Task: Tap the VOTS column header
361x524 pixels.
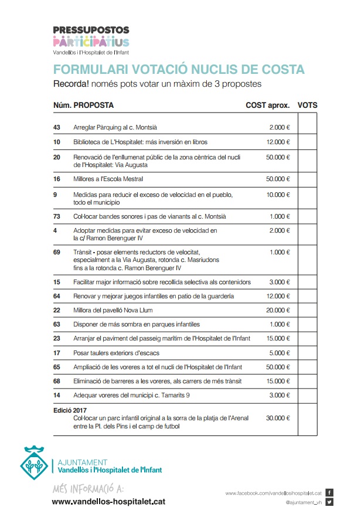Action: [307, 106]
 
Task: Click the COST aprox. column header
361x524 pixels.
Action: [267, 106]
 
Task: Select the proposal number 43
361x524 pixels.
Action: [57, 127]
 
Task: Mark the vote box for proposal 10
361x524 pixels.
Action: [307, 142]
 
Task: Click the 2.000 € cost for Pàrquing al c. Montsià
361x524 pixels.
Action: [280, 127]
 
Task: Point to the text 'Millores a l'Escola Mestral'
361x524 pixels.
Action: [108, 179]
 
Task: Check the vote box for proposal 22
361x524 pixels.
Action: [307, 310]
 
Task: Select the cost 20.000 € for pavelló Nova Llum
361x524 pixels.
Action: [278, 310]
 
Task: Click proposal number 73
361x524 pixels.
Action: [57, 216]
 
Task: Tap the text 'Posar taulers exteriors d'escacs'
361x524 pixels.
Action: [116, 353]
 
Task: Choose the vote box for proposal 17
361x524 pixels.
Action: [307, 353]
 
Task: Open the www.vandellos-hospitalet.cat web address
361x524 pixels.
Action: [108, 502]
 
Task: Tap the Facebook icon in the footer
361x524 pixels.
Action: [329, 492]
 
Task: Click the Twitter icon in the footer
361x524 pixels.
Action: [329, 502]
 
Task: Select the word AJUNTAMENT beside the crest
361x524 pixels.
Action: [79, 462]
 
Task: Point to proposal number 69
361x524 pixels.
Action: [57, 252]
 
